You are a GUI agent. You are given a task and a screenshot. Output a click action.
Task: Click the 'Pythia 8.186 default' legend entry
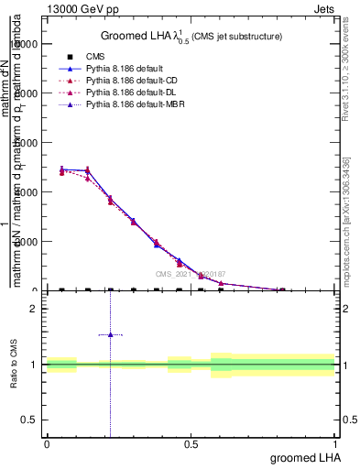click(x=126, y=70)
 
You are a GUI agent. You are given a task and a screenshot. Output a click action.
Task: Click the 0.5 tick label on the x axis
click(x=191, y=444)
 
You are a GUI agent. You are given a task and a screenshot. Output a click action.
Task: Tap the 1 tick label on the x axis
click(x=335, y=444)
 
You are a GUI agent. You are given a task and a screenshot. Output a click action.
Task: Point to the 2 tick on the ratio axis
click(x=33, y=309)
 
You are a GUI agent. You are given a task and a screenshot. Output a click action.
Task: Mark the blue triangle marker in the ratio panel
click(x=110, y=334)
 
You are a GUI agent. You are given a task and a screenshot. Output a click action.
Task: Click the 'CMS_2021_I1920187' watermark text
click(x=191, y=274)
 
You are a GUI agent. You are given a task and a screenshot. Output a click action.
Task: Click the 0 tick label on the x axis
click(x=46, y=444)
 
